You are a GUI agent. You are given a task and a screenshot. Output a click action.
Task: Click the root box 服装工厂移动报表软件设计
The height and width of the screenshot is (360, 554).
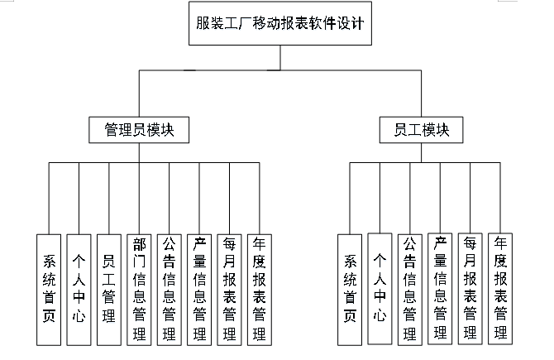pyautogui.click(x=280, y=23)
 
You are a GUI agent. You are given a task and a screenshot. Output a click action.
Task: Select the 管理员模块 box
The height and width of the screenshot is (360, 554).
pyautogui.click(x=139, y=130)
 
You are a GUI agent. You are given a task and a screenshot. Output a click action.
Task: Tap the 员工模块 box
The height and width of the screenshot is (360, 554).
pyautogui.click(x=421, y=130)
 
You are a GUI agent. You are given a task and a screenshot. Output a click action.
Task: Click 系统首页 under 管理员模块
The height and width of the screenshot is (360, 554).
pyautogui.click(x=49, y=290)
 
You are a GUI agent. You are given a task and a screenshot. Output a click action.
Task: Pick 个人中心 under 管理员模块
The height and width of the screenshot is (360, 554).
pyautogui.click(x=79, y=290)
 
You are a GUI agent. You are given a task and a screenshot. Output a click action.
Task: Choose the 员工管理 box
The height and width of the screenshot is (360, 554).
pyautogui.click(x=109, y=290)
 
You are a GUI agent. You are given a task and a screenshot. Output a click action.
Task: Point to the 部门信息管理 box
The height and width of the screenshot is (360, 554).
pyautogui.click(x=139, y=290)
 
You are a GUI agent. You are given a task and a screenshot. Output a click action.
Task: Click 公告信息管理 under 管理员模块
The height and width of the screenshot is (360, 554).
pyautogui.click(x=170, y=290)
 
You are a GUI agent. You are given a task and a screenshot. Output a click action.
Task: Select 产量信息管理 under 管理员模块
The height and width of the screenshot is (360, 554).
pyautogui.click(x=199, y=290)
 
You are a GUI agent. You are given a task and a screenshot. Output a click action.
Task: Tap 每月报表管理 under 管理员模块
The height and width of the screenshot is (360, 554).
pyautogui.click(x=229, y=290)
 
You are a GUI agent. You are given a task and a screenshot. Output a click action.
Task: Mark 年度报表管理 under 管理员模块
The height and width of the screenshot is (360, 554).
pyautogui.click(x=260, y=290)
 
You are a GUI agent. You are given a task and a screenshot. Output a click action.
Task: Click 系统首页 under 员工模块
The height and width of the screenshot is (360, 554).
pyautogui.click(x=350, y=290)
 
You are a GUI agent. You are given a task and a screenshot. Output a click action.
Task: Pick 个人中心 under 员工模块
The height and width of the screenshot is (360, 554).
pyautogui.click(x=380, y=289)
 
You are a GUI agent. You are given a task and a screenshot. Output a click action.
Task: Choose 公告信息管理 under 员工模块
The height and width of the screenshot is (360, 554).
pyautogui.click(x=410, y=290)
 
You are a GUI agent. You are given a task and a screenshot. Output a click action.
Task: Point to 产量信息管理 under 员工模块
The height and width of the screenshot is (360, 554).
pyautogui.click(x=440, y=289)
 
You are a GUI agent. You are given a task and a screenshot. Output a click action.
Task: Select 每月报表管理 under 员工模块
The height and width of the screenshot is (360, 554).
pyautogui.click(x=470, y=289)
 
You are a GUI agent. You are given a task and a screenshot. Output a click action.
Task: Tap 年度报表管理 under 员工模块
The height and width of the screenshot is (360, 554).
pyautogui.click(x=500, y=289)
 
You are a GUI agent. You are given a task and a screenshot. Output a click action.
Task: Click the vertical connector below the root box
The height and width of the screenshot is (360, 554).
pyautogui.click(x=280, y=58)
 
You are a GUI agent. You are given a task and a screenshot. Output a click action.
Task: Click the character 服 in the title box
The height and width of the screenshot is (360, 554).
pyautogui.click(x=203, y=23)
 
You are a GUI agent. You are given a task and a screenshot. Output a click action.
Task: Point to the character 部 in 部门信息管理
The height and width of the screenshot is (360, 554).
pyautogui.click(x=139, y=244)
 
